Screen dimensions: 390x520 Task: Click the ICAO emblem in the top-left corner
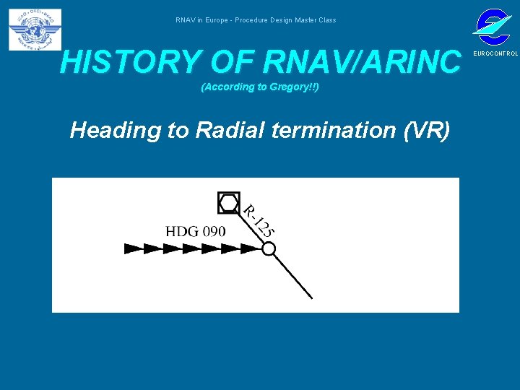point(35,30)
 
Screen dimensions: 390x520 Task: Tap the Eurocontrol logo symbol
point(492,27)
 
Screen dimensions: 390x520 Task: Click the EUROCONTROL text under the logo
point(495,54)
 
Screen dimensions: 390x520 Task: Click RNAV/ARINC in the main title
point(363,63)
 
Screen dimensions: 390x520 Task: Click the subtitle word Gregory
point(291,87)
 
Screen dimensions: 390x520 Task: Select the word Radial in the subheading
point(221,131)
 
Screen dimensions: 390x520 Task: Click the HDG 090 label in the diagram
point(195,232)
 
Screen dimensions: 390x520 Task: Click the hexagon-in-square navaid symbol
point(229,203)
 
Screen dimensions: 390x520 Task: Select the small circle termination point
point(268,248)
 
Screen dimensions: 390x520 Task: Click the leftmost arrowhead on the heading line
point(134,248)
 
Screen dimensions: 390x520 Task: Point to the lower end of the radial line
point(311,296)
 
